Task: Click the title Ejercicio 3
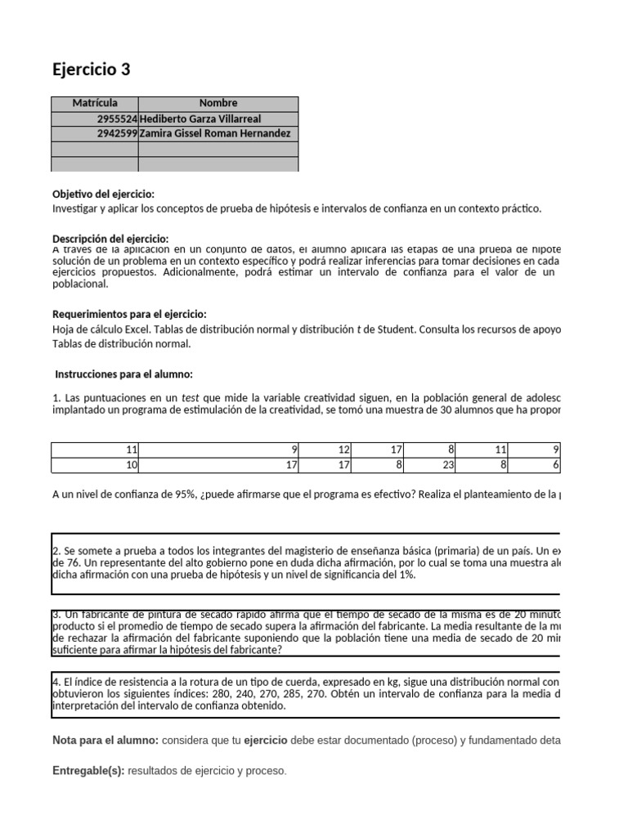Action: pyautogui.click(x=91, y=69)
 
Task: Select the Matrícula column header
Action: pyautogui.click(x=95, y=103)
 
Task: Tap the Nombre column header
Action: pyautogui.click(x=218, y=103)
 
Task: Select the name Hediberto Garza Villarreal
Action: pyautogui.click(x=202, y=119)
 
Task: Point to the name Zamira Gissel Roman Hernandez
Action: pyautogui.click(x=215, y=133)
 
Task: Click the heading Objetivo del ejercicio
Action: pyautogui.click(x=103, y=194)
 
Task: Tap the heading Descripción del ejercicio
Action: pyautogui.click(x=110, y=238)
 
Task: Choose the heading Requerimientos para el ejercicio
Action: pyautogui.click(x=129, y=314)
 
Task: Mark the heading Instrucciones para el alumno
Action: pyautogui.click(x=123, y=374)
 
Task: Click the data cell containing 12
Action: pyautogui.click(x=343, y=450)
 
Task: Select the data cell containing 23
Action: pyautogui.click(x=448, y=465)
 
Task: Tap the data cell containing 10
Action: pyautogui.click(x=132, y=465)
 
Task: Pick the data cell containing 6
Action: pyautogui.click(x=555, y=465)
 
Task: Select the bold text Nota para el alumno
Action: pyautogui.click(x=105, y=741)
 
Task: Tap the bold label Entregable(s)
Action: pyautogui.click(x=88, y=771)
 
